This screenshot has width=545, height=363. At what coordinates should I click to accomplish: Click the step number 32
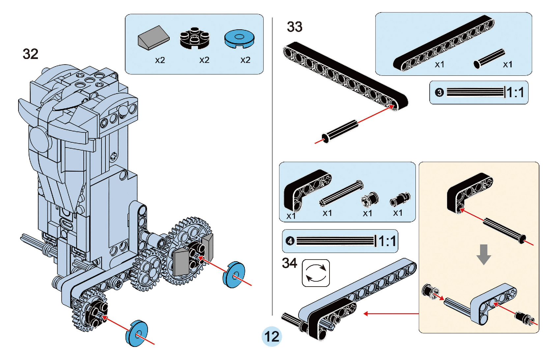[x=31, y=54]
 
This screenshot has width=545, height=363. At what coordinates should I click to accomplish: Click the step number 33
[x=295, y=27]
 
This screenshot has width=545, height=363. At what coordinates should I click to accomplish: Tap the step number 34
[x=289, y=263]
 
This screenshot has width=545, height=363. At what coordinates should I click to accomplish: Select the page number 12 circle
[x=272, y=336]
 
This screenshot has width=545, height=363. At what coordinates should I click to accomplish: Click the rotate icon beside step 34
[x=316, y=273]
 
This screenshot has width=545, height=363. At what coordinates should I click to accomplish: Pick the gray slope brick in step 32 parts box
[x=153, y=38]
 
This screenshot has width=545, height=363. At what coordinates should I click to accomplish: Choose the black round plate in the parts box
[x=194, y=38]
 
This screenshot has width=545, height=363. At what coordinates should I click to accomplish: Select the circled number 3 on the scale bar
[x=439, y=93]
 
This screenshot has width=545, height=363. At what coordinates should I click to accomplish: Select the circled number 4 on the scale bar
[x=290, y=241]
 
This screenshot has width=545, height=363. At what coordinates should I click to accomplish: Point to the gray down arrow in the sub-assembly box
[x=484, y=254]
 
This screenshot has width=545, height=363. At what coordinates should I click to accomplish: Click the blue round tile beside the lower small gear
[x=137, y=333]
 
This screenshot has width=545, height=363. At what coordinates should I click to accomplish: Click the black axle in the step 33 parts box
[x=489, y=59]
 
